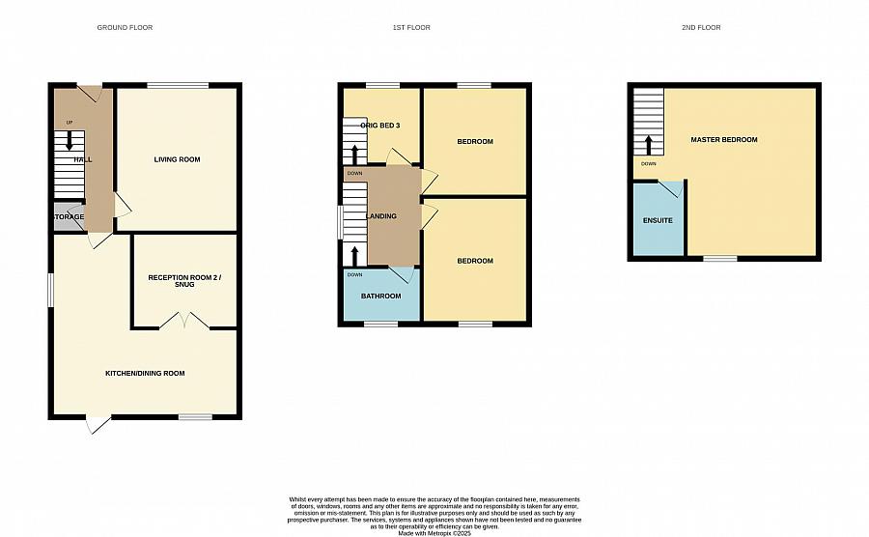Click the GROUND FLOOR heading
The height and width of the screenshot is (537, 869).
coord(125,27)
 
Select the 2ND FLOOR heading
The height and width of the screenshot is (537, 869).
coord(701,27)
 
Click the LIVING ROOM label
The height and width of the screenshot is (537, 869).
coord(178,159)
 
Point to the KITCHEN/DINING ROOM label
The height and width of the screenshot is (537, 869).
coord(145,373)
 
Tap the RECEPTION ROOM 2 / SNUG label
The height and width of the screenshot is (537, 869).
coord(184,281)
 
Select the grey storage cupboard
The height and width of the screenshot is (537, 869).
coord(68,216)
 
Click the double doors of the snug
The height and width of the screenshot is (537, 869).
coord(184,321)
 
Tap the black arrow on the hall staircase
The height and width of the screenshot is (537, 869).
coord(69,141)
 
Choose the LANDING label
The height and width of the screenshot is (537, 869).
coord(381,215)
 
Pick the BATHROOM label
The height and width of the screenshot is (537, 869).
coord(380,296)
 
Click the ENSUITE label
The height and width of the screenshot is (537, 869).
coord(658,221)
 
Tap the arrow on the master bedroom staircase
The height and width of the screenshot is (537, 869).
coord(649,145)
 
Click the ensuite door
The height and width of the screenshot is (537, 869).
coord(670,187)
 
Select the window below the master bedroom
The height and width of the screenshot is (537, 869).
coord(719,258)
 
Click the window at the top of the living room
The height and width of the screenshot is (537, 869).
coord(178,85)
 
